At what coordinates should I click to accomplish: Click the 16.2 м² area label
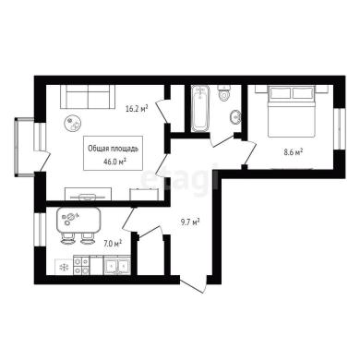coord(137,108)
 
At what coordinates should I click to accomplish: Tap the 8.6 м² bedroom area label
coord(293,152)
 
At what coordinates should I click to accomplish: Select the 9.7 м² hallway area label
coord(190,222)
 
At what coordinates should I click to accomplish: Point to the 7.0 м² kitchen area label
coord(113,244)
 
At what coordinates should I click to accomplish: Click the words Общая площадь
coord(113,149)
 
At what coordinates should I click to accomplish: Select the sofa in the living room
coord(88,96)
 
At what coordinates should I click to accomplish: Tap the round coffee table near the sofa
coord(73,124)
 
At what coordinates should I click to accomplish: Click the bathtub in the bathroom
coord(199,109)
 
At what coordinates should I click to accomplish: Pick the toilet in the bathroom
coord(223,92)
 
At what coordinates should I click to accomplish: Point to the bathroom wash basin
coord(235,117)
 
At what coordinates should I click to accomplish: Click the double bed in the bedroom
coord(292,111)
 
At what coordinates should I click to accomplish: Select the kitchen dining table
coord(79,221)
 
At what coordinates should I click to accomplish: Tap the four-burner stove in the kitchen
coord(81,266)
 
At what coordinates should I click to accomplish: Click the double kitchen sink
coord(116,266)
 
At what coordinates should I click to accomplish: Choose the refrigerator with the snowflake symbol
coord(64,267)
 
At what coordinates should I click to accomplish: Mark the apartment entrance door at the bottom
coord(193,285)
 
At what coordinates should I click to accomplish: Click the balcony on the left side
coord(24,148)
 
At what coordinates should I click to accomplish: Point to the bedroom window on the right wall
coord(339,128)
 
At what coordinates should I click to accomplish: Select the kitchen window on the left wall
coord(40,230)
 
